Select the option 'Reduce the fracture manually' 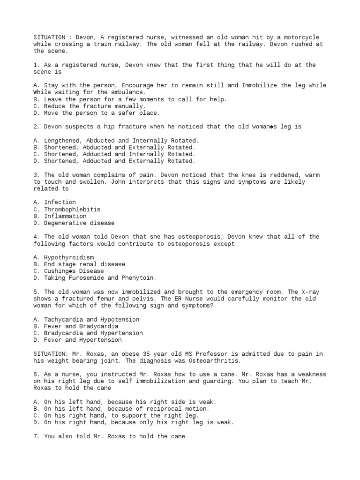90,106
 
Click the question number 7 36,436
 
